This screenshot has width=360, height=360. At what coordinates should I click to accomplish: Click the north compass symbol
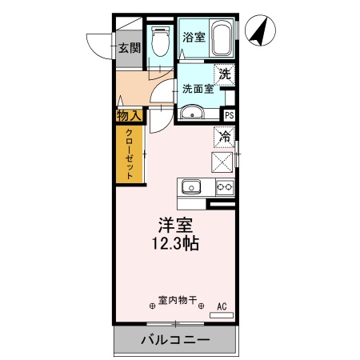click(262, 32)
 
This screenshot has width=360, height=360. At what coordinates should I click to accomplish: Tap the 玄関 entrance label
click(130, 48)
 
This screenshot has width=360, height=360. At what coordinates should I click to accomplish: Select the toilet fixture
click(159, 42)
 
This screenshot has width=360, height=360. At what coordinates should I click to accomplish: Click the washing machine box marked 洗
click(224, 74)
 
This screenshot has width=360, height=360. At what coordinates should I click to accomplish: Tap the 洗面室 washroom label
click(197, 89)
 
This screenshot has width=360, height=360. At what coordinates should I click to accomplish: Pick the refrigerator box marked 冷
click(225, 137)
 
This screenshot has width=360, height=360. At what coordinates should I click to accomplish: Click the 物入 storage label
click(129, 117)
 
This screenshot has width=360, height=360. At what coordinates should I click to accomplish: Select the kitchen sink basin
click(191, 188)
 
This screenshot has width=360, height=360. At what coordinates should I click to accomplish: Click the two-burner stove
click(224, 188)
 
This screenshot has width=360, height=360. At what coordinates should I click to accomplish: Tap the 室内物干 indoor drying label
click(177, 302)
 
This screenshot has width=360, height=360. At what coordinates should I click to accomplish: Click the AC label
click(221, 305)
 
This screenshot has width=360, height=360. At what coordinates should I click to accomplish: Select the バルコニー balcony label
click(175, 340)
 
